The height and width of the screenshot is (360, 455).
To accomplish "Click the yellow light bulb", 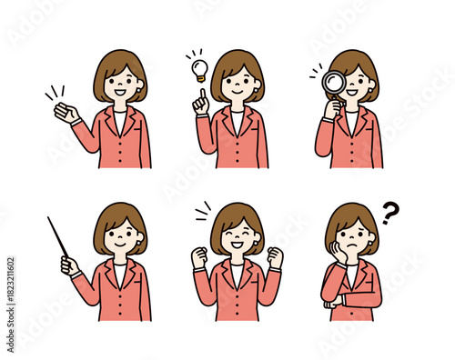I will click(198, 67).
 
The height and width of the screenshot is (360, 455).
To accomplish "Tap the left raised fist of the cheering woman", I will click(199, 257).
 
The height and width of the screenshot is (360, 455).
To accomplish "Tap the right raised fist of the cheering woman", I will click(275, 257).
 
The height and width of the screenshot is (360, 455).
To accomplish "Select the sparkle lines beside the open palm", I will click(52, 93).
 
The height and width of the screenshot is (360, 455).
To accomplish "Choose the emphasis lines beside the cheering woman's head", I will click(202, 213).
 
